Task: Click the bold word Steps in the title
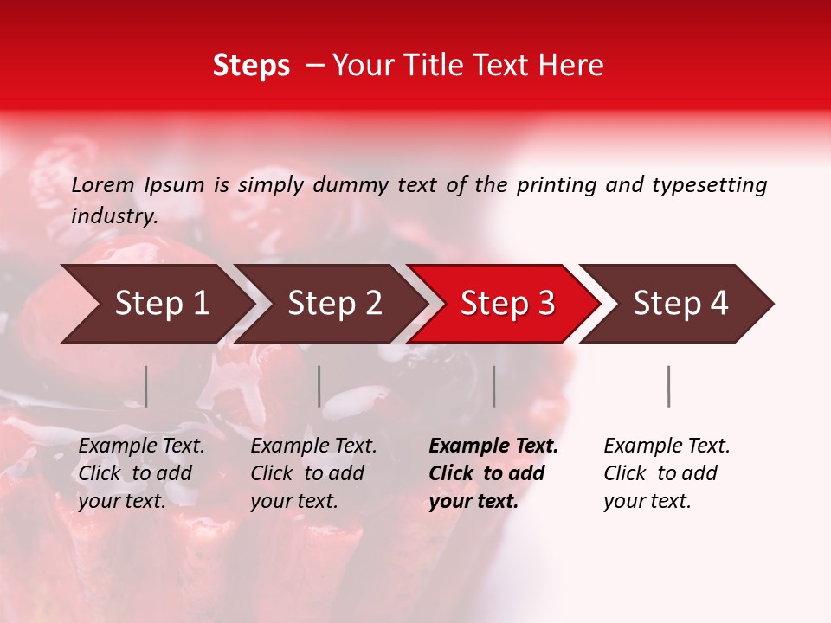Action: [x=251, y=65]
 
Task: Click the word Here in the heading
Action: [x=570, y=65]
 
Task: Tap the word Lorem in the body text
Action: [x=103, y=184]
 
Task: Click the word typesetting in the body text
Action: [x=709, y=184]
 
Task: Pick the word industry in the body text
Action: [x=114, y=215]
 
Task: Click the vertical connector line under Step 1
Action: [x=146, y=386]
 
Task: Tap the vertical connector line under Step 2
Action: [x=319, y=386]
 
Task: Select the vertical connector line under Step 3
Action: [x=494, y=386]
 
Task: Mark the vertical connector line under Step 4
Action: [x=668, y=386]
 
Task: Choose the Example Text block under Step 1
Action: [x=141, y=473]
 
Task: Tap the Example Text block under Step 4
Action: [x=667, y=473]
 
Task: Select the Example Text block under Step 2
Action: [x=313, y=473]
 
